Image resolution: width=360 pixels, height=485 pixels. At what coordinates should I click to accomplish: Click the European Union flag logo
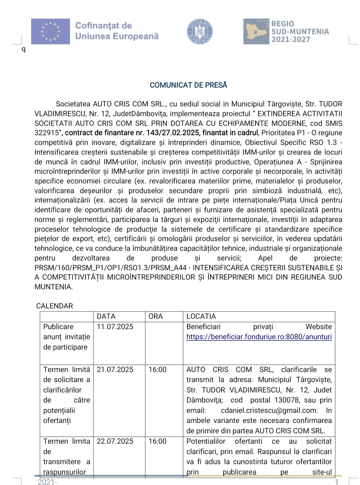(51, 31)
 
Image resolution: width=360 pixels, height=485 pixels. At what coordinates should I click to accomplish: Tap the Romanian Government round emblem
(200, 31)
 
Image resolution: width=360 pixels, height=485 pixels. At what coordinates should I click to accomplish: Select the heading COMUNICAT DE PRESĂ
(188, 85)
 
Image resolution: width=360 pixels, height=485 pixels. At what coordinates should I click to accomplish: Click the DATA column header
(106, 317)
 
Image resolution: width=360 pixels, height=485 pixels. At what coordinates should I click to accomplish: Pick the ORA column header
(156, 317)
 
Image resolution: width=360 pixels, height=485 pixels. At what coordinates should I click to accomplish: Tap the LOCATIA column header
(201, 317)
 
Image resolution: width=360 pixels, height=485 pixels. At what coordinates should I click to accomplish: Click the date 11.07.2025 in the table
(115, 327)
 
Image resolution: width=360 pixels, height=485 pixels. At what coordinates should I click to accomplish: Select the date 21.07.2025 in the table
(115, 369)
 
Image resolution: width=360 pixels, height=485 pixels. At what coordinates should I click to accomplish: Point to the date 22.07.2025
(115, 441)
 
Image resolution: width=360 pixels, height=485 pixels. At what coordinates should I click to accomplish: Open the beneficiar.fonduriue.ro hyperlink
(259, 337)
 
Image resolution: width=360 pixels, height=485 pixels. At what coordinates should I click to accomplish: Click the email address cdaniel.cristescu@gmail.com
(269, 410)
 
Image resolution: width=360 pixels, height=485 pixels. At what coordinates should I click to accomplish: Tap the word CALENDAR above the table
(55, 306)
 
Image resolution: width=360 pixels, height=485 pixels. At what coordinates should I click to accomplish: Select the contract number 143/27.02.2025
(171, 133)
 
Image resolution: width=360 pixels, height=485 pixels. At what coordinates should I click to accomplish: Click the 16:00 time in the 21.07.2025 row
(158, 369)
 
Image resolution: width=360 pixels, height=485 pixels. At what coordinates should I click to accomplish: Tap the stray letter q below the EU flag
(23, 50)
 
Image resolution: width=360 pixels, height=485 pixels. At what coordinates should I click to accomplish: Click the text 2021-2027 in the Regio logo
(291, 40)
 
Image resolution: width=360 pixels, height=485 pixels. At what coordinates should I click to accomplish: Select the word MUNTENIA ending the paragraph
(53, 287)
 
